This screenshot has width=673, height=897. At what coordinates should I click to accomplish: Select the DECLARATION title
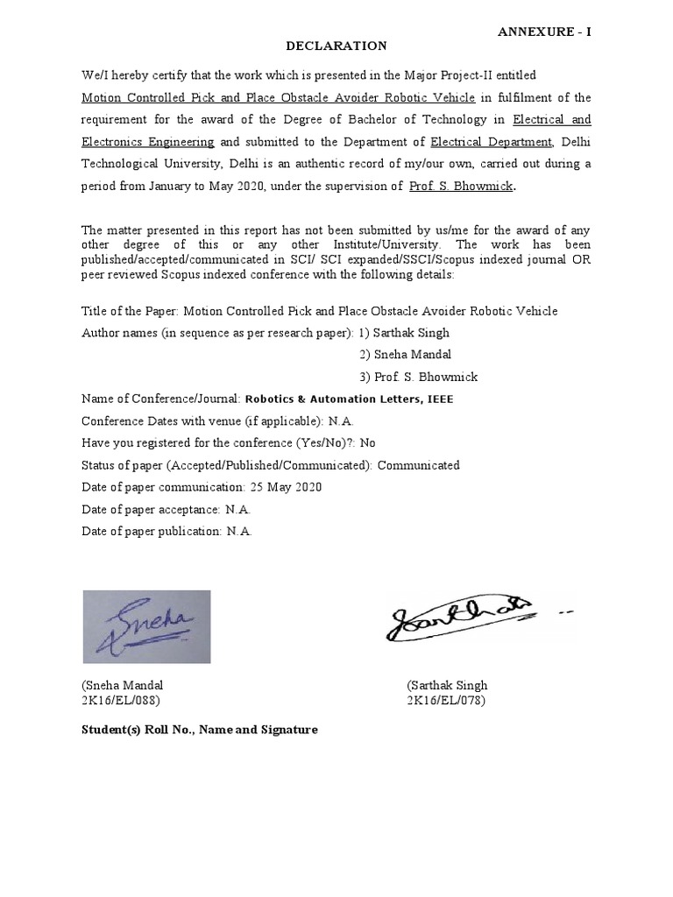[x=337, y=46]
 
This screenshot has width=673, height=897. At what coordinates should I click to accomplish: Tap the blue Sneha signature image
[x=146, y=626]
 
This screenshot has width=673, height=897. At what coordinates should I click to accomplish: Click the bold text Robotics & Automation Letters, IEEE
[x=349, y=399]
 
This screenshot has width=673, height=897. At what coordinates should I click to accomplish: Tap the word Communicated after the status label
[x=419, y=465]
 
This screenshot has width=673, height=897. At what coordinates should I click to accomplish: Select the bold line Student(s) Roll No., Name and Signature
[x=200, y=730]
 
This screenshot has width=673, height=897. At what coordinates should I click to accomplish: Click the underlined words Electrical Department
[x=491, y=142]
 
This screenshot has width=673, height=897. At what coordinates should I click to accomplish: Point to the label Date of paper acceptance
[x=150, y=509]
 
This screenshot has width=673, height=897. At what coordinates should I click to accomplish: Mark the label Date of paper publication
[x=152, y=531]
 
